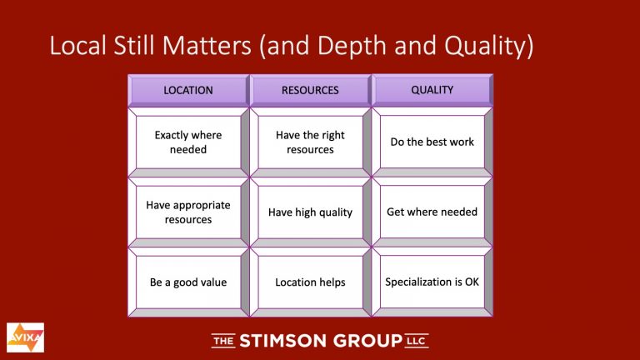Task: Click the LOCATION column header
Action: point(188,90)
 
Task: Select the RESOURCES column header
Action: point(310,90)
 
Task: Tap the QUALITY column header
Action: point(432,90)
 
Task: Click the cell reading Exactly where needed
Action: point(188,142)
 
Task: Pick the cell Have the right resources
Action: point(310,142)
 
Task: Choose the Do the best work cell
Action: point(432,142)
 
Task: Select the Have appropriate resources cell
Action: point(188,212)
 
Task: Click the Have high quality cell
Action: point(310,212)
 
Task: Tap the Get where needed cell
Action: point(432,212)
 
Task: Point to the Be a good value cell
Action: point(188,282)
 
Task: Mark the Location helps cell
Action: point(310,282)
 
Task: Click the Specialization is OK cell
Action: point(432,282)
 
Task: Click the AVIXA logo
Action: point(25,337)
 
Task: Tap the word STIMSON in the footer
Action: point(282,341)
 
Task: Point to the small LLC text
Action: point(417,341)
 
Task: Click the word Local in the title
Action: point(78,45)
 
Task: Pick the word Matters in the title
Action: point(207,45)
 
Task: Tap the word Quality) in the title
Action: point(489,47)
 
